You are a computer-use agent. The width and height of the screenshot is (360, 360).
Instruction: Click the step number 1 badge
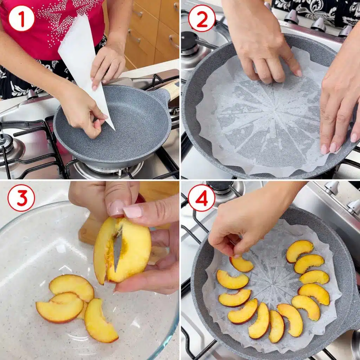tap(21, 18)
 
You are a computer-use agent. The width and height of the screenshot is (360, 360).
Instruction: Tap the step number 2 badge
tap(202, 18)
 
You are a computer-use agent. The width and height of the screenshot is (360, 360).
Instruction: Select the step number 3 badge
tap(21, 198)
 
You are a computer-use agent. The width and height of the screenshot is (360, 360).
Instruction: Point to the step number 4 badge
tap(201, 198)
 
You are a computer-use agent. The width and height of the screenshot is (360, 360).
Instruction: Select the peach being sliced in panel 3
tap(122, 250)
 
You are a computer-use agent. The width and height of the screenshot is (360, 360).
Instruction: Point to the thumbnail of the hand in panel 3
tap(133, 211)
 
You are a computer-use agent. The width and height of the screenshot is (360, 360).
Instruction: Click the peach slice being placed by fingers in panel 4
tap(241, 264)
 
